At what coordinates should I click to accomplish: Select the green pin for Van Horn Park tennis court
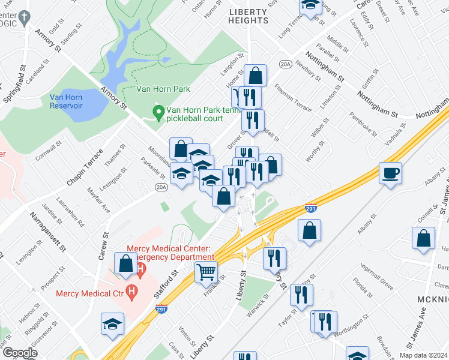(158, 112)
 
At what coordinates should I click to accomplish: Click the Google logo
(20, 353)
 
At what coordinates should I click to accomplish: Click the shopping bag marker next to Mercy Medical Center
(127, 263)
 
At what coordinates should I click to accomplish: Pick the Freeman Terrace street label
(293, 98)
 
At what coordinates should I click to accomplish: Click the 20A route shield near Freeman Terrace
(285, 63)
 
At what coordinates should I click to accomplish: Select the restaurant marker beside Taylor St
(301, 295)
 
